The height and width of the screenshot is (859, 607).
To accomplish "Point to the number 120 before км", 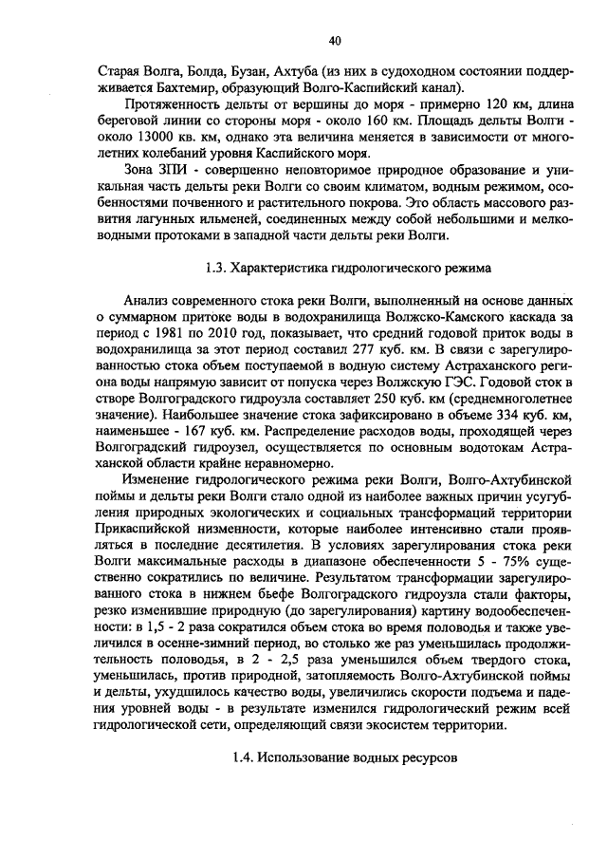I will pos(453,105).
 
